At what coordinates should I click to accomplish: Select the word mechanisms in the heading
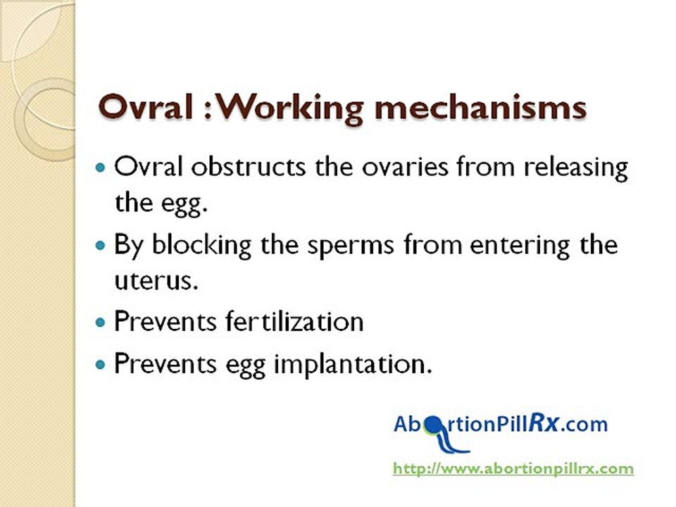coord(480,106)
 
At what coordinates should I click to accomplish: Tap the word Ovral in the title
coord(145,106)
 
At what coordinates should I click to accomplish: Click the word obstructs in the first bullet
coord(249,166)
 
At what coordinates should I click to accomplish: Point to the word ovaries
coord(405,168)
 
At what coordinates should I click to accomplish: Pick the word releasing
coord(575,168)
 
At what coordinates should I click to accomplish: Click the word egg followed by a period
coord(184,204)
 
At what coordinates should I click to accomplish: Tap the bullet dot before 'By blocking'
coord(100,246)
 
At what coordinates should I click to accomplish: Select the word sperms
coord(350,246)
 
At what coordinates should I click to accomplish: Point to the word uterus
coord(156,281)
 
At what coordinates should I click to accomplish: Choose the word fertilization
coord(294,322)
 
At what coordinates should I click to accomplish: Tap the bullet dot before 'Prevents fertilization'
coord(100,322)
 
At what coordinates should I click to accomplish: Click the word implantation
coord(353,365)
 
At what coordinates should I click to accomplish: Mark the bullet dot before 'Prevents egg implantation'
coord(100,365)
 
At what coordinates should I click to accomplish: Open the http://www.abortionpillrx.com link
coord(513,469)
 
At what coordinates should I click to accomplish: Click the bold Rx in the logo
coord(544,423)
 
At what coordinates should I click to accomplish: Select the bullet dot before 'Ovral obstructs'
coord(100,168)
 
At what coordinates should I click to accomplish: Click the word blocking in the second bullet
coord(201,245)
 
